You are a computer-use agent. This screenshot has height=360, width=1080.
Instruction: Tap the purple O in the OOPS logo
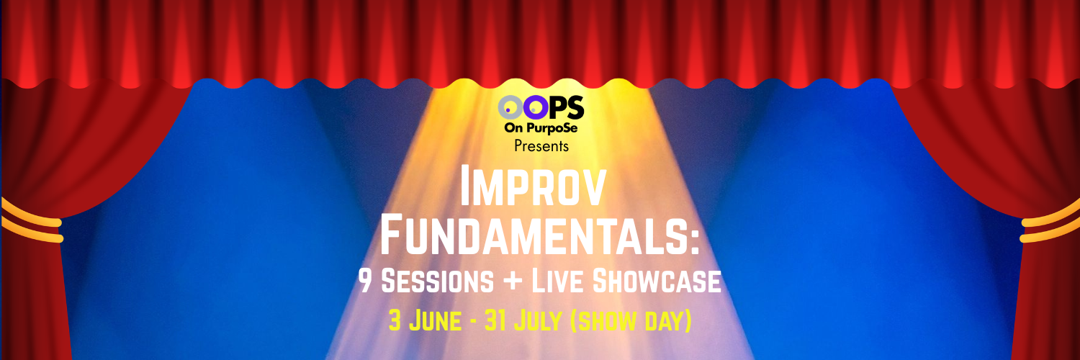(534, 109)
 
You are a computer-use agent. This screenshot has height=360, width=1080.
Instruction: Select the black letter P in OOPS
(557, 109)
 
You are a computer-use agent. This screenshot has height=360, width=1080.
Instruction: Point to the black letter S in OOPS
(575, 109)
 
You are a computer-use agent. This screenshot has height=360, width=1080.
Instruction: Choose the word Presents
(541, 146)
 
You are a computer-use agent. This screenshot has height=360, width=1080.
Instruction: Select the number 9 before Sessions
(366, 282)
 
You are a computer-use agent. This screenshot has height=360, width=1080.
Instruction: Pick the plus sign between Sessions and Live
(513, 282)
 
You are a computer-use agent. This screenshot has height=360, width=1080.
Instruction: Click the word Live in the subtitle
(559, 282)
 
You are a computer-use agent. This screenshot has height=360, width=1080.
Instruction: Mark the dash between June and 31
(472, 321)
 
